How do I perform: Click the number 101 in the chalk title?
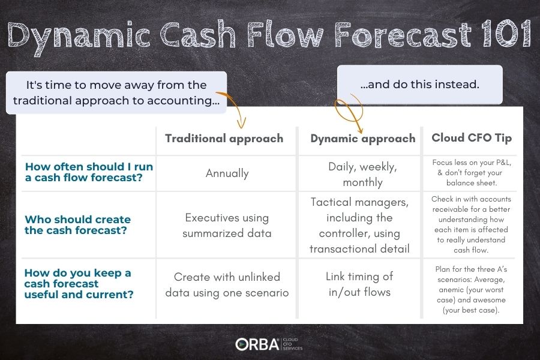point(506,34)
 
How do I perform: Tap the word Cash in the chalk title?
point(199,34)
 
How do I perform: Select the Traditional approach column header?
point(224,139)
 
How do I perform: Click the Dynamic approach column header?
point(362,139)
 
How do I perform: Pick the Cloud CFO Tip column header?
point(472,138)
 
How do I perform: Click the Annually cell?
point(227,173)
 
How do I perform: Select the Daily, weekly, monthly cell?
point(362,175)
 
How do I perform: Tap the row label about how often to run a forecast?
point(89,172)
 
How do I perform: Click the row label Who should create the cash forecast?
point(77,224)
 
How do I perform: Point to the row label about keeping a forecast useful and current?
point(79,284)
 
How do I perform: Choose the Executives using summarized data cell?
point(227,226)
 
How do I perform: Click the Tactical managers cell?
point(359,226)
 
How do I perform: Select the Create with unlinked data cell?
point(227,284)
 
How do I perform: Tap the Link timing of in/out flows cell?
point(359,284)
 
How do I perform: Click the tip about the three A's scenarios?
point(471,289)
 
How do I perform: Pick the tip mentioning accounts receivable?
point(471,224)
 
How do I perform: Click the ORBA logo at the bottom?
point(269,344)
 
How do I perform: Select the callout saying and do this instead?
point(420,85)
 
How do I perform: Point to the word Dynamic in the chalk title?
point(79,36)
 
